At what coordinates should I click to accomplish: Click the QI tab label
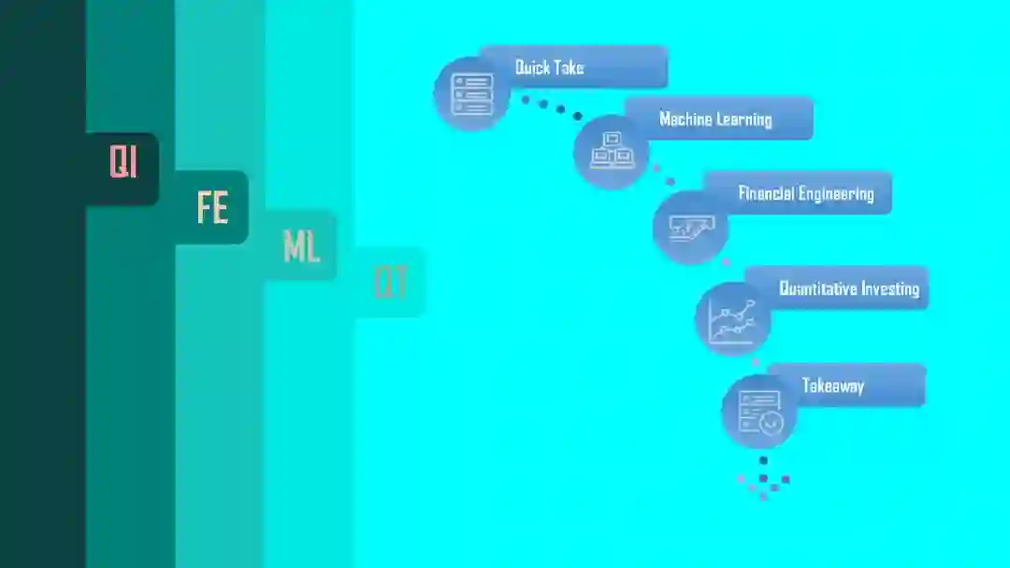click(x=123, y=163)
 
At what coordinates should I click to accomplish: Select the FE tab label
click(x=212, y=207)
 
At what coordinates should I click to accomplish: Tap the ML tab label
click(x=301, y=247)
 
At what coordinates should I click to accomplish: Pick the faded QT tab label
click(x=390, y=282)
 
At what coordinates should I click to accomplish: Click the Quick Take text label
click(x=550, y=67)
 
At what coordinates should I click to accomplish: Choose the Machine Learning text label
click(x=715, y=120)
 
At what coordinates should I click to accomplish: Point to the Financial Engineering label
click(x=806, y=194)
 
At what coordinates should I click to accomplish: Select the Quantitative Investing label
click(x=849, y=289)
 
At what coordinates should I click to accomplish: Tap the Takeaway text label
click(x=833, y=386)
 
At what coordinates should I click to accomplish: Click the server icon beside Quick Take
click(x=472, y=93)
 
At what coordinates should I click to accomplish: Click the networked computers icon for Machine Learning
click(x=611, y=151)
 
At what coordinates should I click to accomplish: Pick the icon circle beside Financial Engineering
click(x=690, y=226)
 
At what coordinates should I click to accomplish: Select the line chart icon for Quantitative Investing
click(x=732, y=319)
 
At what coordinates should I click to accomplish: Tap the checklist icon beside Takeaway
click(x=759, y=411)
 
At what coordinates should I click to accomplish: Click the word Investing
click(x=889, y=289)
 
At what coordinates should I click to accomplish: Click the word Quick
click(x=535, y=67)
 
